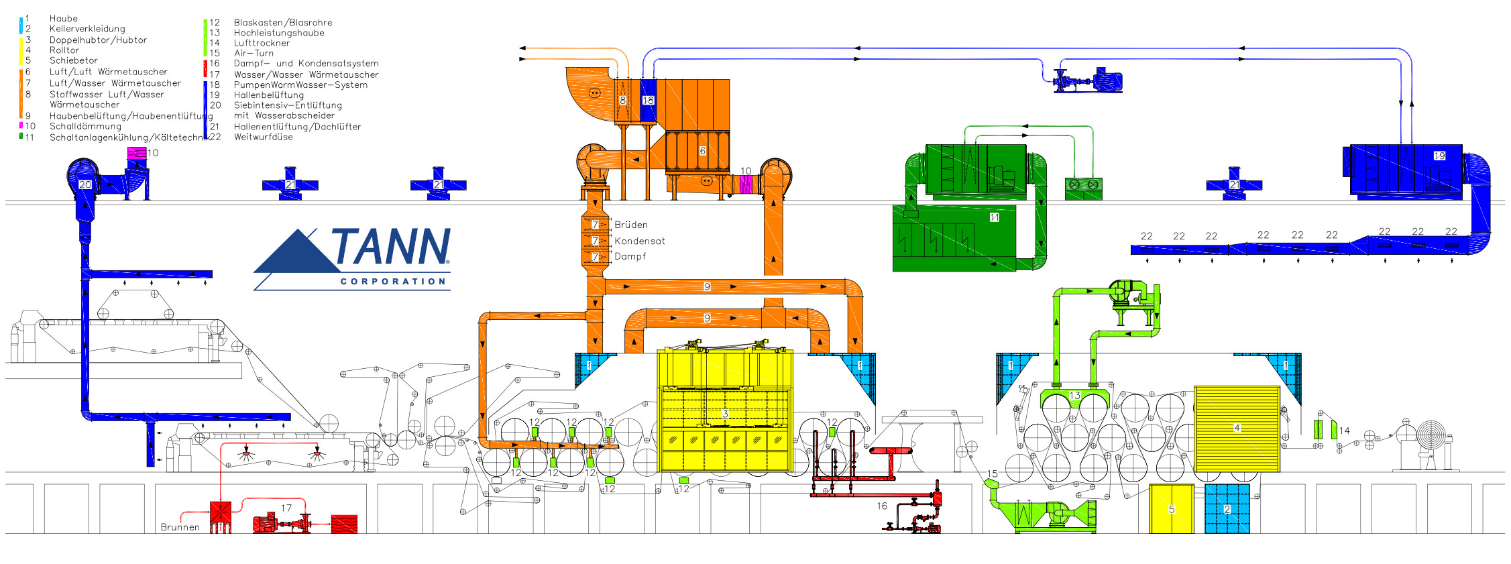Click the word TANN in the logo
[390, 246]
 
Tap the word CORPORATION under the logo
[393, 282]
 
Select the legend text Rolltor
[64, 50]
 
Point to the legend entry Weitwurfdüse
[264, 137]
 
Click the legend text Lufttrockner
[262, 43]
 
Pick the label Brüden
[631, 225]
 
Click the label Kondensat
[640, 241]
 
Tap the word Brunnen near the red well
[180, 527]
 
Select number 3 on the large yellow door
[725, 414]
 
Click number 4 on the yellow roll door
[1237, 428]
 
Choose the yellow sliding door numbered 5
[1172, 509]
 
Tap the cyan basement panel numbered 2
[1227, 509]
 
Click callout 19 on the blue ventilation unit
[1439, 156]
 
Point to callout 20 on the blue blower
[85, 184]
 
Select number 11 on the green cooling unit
[995, 217]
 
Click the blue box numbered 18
[648, 101]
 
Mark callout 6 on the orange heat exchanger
[703, 151]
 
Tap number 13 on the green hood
[1075, 396]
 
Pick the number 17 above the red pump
[286, 508]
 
